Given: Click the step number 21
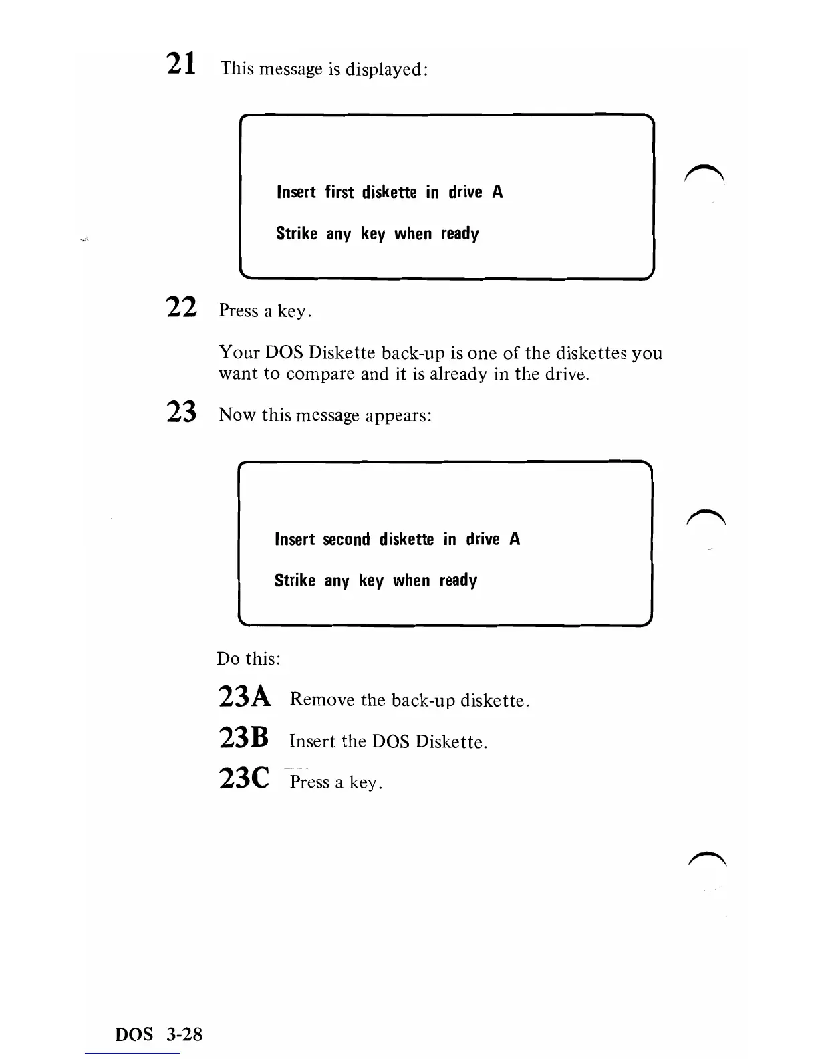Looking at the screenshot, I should tap(180, 64).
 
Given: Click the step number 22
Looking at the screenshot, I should tap(181, 307).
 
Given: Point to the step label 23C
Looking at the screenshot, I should tap(244, 778).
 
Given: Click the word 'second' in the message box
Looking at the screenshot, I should tap(346, 540).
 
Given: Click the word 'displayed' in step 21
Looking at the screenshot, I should tap(386, 69).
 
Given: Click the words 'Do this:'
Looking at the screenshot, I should tap(249, 659).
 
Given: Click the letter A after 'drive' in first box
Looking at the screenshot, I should tap(497, 193).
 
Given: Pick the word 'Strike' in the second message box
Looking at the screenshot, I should tap(295, 580).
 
